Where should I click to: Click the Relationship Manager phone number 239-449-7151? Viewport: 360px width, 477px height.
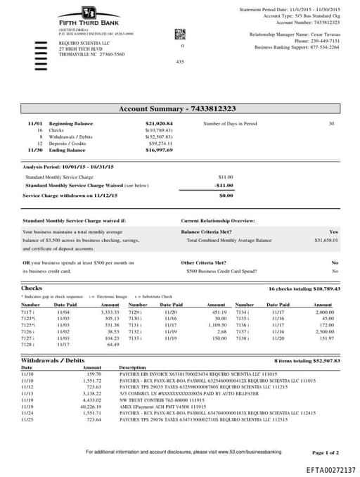click(322, 41)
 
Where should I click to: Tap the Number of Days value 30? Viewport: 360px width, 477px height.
click(331, 124)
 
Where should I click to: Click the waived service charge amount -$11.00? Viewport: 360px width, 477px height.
click(224, 185)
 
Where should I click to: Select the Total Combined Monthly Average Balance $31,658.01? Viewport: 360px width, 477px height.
click(326, 241)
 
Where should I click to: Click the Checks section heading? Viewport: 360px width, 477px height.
click(32, 288)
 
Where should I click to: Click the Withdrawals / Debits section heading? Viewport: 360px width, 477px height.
click(53, 360)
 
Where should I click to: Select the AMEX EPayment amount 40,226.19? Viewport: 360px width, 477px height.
click(92, 406)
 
